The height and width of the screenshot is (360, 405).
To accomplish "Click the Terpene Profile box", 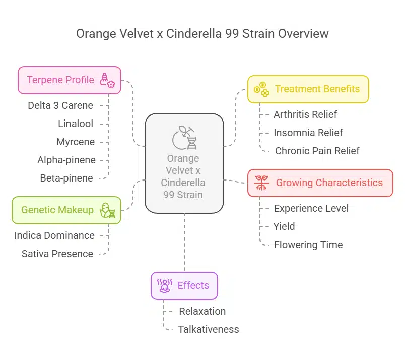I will (70, 80).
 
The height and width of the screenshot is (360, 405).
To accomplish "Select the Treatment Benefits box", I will (308, 89).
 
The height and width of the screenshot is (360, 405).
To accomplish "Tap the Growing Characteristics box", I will (320, 183).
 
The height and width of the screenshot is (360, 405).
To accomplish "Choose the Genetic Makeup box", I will (66, 210).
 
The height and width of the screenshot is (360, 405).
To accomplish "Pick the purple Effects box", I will (184, 286).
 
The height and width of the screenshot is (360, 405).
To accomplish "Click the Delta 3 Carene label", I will (60, 106).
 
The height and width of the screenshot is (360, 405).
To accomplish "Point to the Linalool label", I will (75, 124).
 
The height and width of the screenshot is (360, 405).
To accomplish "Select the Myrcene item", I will (76, 142).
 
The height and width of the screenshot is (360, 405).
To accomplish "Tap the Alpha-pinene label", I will (66, 160).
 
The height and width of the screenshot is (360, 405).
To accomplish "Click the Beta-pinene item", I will (66, 178).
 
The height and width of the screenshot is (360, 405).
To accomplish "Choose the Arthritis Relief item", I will (305, 114).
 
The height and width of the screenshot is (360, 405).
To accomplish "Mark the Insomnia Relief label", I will (308, 133).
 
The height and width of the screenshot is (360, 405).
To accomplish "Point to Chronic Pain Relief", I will (317, 151).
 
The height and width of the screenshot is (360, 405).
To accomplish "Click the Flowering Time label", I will (308, 245).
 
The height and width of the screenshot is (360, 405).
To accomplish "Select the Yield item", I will (285, 226).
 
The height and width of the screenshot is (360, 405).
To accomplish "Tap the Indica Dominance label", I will (54, 235).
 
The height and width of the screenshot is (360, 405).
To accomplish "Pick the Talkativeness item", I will (209, 329).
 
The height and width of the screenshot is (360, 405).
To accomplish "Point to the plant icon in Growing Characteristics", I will (261, 183).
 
